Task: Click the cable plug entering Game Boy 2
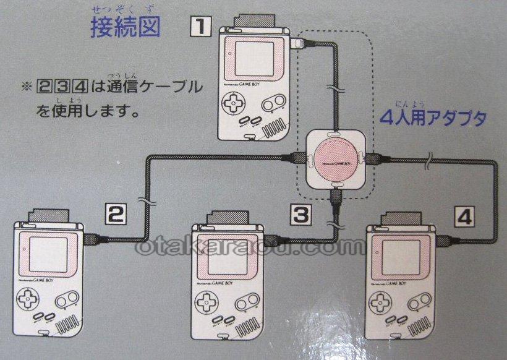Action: point(92,238)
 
